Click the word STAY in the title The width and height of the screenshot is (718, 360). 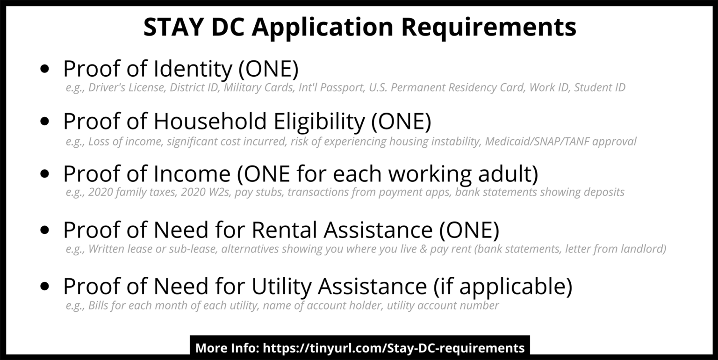click(173, 27)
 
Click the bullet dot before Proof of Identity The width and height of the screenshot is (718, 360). click(45, 69)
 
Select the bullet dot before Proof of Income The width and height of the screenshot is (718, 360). click(45, 174)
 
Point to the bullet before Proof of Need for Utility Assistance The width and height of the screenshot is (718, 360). click(45, 286)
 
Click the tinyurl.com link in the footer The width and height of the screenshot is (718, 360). click(394, 348)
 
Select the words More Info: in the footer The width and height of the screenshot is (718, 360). click(227, 348)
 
